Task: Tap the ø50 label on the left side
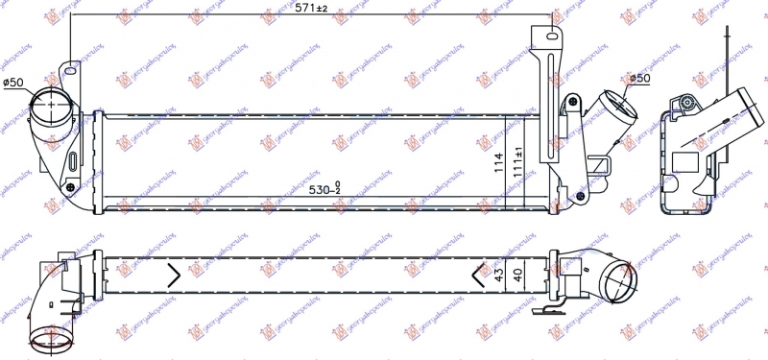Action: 13,84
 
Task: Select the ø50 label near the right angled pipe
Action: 637,78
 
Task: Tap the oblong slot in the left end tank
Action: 74,158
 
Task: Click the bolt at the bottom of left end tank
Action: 70,185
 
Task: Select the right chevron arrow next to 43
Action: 479,276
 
